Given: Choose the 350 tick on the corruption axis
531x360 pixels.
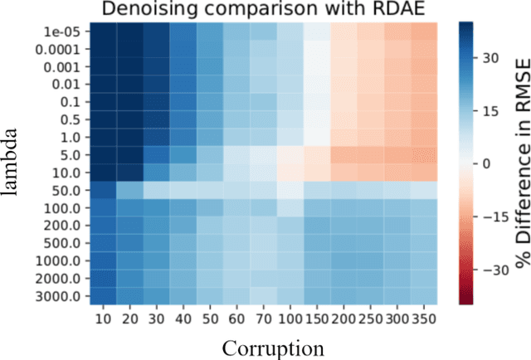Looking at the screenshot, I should point(423,319).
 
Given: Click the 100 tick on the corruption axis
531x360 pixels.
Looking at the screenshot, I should point(290,319).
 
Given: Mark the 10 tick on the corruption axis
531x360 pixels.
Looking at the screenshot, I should point(105,319).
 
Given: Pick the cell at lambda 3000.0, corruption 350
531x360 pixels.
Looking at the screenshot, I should point(423,296).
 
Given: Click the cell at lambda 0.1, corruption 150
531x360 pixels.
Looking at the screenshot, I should point(317,101).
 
